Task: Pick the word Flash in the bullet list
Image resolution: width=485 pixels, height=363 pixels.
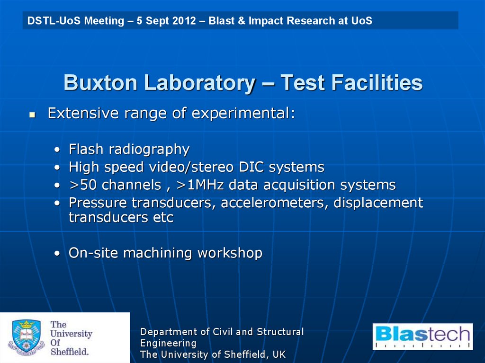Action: (86, 150)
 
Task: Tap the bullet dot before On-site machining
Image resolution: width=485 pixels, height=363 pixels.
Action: (57, 254)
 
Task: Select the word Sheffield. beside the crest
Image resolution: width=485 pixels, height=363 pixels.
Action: (70, 352)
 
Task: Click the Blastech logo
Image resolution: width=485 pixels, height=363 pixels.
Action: (422, 336)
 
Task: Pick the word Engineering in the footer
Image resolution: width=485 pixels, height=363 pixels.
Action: (168, 343)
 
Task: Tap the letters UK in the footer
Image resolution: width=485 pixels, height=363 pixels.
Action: (278, 354)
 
